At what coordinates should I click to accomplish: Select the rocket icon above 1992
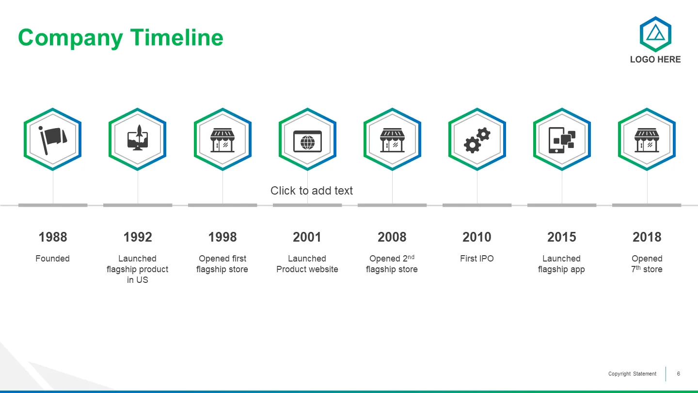click(x=138, y=138)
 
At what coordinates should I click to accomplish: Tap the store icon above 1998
click(x=222, y=140)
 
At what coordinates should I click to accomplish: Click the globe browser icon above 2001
click(x=307, y=142)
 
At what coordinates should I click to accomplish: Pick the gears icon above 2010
click(x=477, y=140)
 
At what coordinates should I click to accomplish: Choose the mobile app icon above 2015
click(x=562, y=140)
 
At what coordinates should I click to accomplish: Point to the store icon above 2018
click(x=647, y=140)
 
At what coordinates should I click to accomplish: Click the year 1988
click(x=53, y=237)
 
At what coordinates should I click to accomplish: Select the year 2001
click(x=307, y=237)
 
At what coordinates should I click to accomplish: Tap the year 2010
click(x=477, y=237)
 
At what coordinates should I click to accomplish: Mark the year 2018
click(x=647, y=237)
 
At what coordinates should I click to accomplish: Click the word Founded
click(x=52, y=259)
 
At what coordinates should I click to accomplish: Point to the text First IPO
click(x=477, y=259)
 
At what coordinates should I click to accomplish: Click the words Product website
click(x=307, y=269)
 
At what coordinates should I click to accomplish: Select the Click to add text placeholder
click(x=312, y=191)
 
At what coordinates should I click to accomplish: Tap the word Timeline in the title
click(x=176, y=37)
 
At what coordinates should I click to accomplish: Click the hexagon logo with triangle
click(x=655, y=34)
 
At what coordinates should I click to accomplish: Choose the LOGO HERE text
click(x=655, y=59)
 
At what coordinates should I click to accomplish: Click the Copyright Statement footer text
click(x=632, y=374)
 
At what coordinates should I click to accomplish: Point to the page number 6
click(x=679, y=374)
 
